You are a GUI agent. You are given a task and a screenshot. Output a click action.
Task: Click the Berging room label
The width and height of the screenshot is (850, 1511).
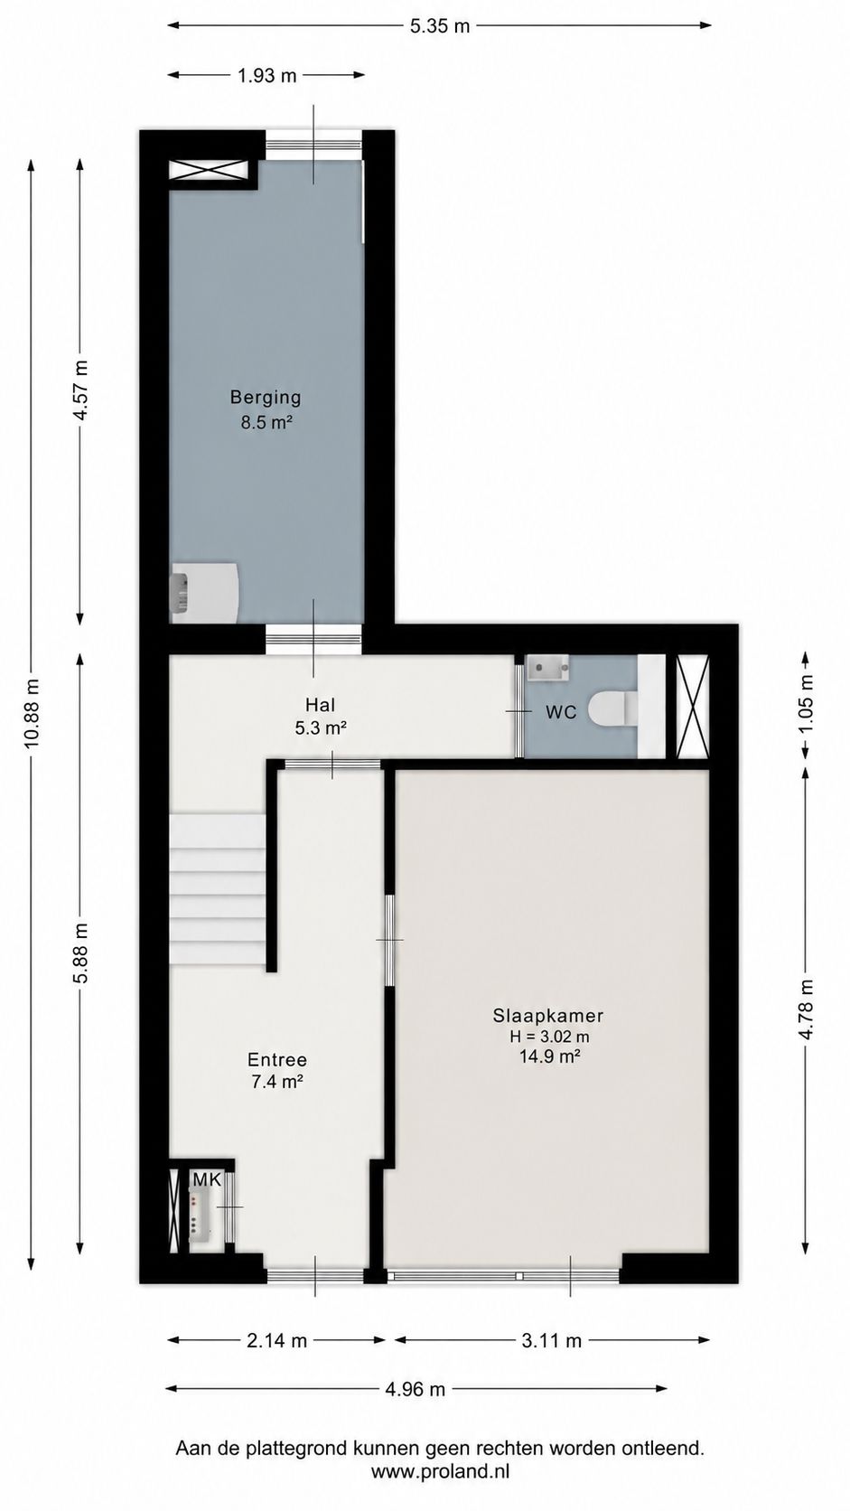pos(265,398)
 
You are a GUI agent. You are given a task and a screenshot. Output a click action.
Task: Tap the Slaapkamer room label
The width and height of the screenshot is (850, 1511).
pos(547,1015)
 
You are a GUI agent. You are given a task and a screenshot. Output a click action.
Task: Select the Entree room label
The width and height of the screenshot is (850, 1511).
pos(277,1060)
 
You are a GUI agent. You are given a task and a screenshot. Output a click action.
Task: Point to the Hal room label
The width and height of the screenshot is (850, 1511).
pos(320,705)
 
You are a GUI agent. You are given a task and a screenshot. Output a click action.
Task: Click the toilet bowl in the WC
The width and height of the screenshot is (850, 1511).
pos(612,709)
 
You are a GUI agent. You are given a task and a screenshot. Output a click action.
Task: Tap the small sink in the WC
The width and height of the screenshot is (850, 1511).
pos(547,666)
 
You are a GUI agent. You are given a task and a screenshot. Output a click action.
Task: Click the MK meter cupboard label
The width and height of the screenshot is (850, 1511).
pos(206,1180)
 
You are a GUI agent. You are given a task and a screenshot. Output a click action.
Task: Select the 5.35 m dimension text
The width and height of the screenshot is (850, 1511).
pos(440,26)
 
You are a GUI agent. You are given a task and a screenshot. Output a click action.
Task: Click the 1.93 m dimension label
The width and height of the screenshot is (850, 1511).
pos(266,76)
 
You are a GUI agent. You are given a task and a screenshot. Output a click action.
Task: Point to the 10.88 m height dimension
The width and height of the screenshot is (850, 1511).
pos(32,712)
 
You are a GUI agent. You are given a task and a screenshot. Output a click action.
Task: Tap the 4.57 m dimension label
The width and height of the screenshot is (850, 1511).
pos(80,390)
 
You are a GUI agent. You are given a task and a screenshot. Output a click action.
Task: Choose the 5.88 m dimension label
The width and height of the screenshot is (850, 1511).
pos(80,953)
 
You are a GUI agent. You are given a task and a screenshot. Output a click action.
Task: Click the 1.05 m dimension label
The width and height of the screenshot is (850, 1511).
pos(807,704)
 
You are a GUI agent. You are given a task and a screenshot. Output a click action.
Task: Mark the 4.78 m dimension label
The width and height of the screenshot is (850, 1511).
pos(807,1009)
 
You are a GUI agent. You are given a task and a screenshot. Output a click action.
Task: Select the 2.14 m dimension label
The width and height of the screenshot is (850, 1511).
pos(276,1340)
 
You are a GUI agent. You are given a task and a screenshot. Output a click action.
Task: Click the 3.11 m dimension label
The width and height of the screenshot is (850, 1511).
pos(551,1340)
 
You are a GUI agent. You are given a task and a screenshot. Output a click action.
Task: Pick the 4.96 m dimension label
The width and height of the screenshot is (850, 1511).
pos(416,1389)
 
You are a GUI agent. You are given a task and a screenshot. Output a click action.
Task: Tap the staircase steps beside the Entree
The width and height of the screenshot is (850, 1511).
pos(217,889)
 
